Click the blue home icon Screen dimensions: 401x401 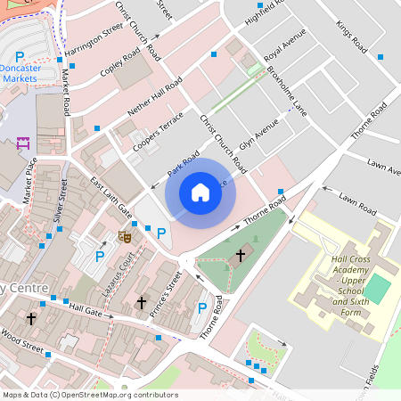point(200,192)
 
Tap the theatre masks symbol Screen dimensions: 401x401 point(126,236)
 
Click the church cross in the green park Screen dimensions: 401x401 point(240,257)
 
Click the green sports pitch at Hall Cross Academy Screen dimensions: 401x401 point(378,288)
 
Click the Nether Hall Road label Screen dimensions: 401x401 point(154,95)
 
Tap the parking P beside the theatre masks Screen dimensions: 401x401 point(161,233)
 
